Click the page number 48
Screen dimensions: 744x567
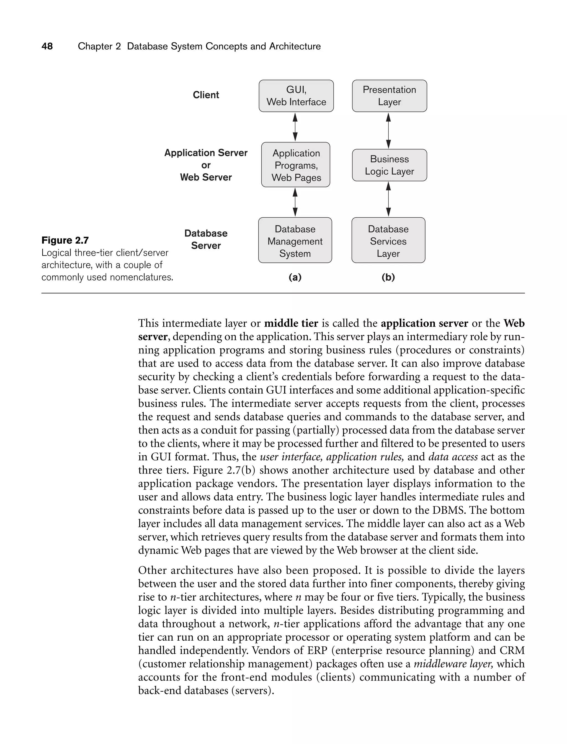pos(47,46)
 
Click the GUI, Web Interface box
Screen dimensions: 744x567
pos(296,96)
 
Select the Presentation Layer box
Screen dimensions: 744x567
pos(389,96)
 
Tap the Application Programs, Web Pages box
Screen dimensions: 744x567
pos(296,165)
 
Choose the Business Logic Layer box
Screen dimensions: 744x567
pos(389,165)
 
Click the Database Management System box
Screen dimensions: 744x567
pos(295,240)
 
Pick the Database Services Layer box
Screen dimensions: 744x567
pos(388,240)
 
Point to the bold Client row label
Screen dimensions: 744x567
pos(206,95)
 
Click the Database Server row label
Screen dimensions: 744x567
pos(206,239)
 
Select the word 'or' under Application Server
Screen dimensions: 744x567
pos(206,165)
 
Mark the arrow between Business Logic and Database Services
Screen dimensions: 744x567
pos(388,199)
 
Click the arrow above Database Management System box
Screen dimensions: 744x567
pos(295,202)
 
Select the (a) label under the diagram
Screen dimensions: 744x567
pos(295,277)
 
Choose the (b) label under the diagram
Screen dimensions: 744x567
pos(388,277)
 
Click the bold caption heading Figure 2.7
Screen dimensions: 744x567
pos(65,240)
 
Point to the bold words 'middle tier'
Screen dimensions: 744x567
pos(291,323)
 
